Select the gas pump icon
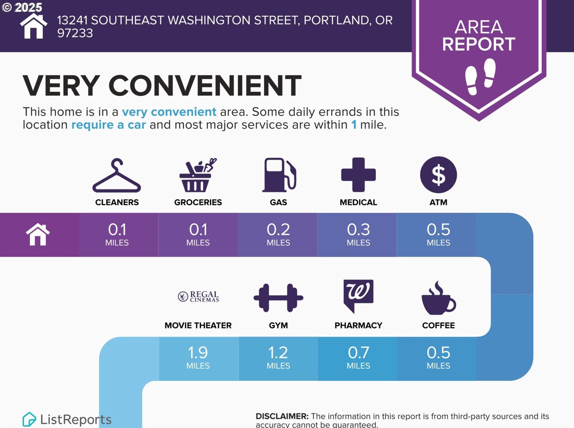279,175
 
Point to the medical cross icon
358,175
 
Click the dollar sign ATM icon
438,175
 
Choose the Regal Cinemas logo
198,297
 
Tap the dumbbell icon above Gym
278,298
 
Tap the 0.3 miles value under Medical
358,235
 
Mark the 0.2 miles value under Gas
278,235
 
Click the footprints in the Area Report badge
480,76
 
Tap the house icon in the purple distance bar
38,235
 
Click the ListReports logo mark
29,419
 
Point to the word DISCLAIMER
282,416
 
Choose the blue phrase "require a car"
108,125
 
